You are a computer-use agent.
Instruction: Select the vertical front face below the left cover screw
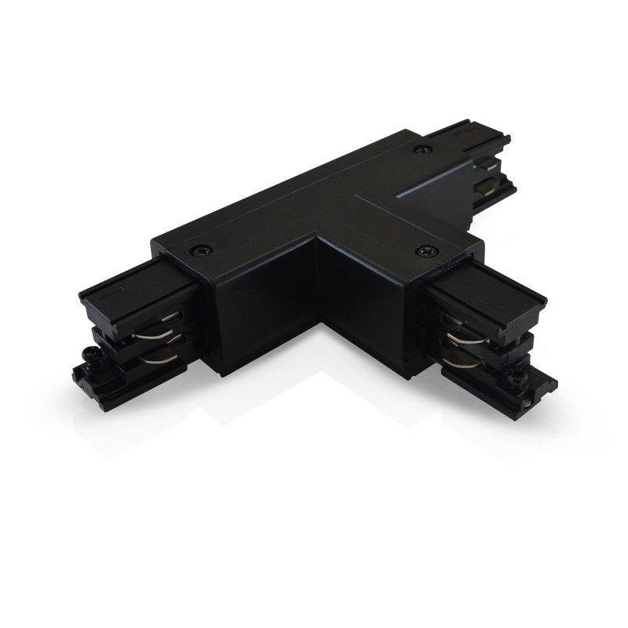point(235,314)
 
